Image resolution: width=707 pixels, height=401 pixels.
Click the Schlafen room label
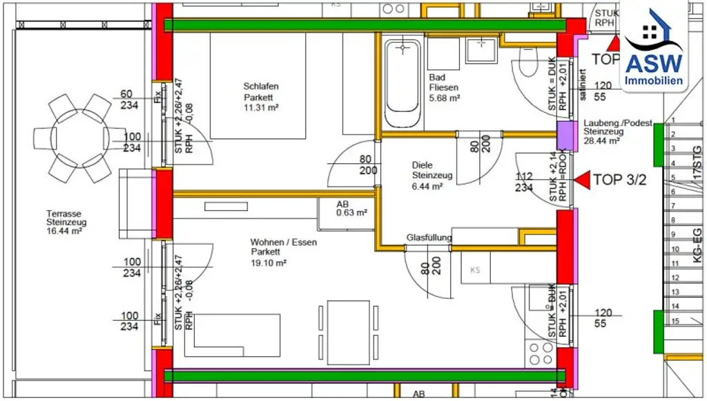(260, 86)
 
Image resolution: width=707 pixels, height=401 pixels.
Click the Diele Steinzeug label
(432, 171)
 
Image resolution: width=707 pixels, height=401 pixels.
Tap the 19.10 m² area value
(268, 263)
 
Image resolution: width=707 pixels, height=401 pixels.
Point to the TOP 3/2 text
(619, 180)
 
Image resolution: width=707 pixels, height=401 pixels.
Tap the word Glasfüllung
(429, 238)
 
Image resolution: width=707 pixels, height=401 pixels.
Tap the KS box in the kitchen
(475, 269)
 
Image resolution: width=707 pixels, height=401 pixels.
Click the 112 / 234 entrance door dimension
(524, 181)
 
